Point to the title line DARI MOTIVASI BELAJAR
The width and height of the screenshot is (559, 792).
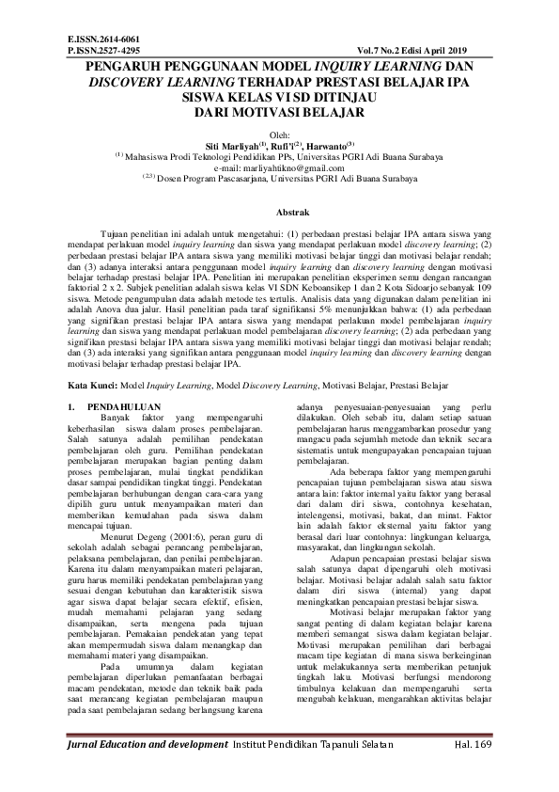click(278, 111)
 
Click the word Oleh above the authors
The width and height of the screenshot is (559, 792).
click(279, 135)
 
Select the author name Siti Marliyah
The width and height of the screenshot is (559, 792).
click(232, 146)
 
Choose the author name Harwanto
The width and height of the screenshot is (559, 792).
click(328, 146)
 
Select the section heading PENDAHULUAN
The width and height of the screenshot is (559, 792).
click(116, 407)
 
